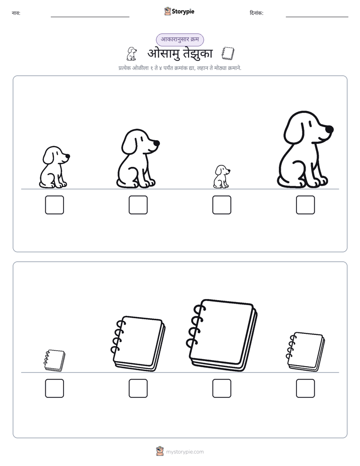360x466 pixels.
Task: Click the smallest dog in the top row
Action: click(x=221, y=177)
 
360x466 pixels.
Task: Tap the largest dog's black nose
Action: click(x=329, y=130)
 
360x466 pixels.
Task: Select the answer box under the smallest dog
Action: click(x=221, y=205)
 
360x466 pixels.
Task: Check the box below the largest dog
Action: click(x=306, y=205)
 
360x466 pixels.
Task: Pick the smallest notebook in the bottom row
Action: click(x=54, y=361)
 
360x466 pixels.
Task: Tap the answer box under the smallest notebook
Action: click(x=54, y=388)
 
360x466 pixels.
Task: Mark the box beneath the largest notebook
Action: click(x=221, y=388)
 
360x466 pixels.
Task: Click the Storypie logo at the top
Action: click(x=179, y=11)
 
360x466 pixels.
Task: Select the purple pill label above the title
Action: click(x=180, y=39)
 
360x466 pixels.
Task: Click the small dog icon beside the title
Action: click(x=132, y=54)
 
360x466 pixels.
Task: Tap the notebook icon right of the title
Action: click(x=228, y=53)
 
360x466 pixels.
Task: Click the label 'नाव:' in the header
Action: click(x=16, y=13)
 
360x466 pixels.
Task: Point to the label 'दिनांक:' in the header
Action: click(x=257, y=13)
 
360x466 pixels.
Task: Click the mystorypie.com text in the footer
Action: click(x=185, y=452)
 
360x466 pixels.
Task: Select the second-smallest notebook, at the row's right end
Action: click(x=306, y=352)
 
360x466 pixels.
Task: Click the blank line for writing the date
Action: click(x=317, y=17)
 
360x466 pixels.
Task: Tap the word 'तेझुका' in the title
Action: click(x=198, y=54)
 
